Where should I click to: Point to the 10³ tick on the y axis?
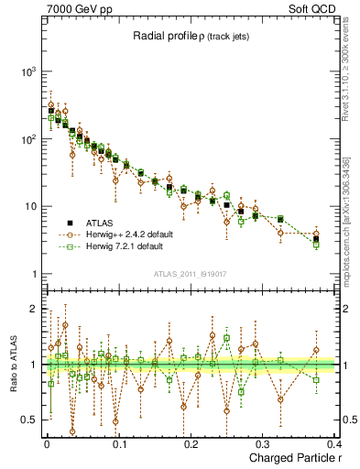click(27, 71)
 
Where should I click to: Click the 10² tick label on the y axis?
click(27, 139)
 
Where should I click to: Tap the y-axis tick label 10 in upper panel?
click(29, 207)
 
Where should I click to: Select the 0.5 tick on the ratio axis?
click(27, 420)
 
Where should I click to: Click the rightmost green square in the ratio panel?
click(316, 380)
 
